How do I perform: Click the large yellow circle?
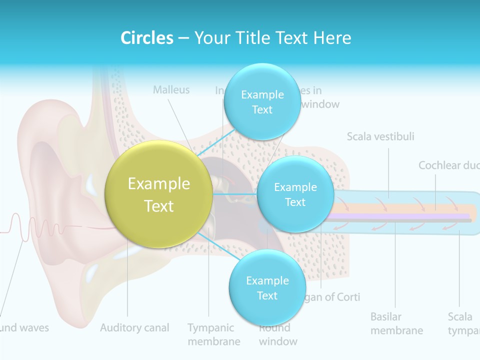159,194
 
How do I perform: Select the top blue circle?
261,102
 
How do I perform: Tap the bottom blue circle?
267,288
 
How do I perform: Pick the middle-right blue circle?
295,194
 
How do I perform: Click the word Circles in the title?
147,38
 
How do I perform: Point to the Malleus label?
171,90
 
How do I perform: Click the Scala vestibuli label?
380,136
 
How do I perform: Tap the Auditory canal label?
134,328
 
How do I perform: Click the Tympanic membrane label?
213,334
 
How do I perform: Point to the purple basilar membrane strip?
400,215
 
